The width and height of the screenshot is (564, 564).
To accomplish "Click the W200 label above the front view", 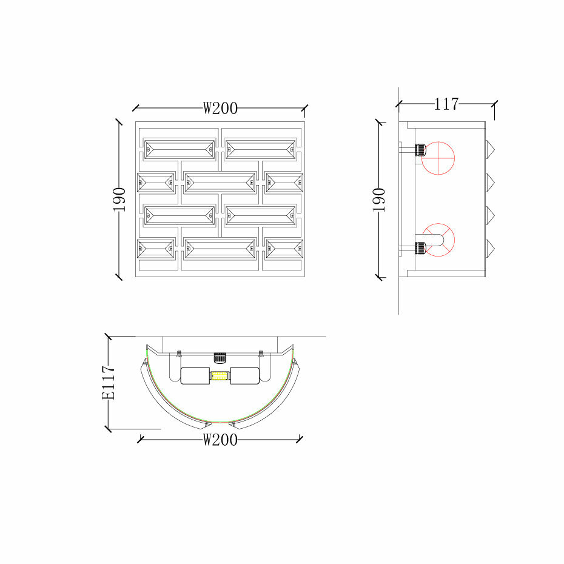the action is tap(220, 108).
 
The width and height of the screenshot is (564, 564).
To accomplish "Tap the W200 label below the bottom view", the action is tap(220, 440).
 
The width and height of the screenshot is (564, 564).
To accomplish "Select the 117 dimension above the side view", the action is tap(446, 104).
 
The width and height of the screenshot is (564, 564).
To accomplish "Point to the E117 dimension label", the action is tap(109, 382).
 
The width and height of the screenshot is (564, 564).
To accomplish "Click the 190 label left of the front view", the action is tap(119, 200).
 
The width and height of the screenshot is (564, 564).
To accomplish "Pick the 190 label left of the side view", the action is tap(379, 200).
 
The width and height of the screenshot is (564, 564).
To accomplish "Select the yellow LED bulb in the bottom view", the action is tap(220, 376).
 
